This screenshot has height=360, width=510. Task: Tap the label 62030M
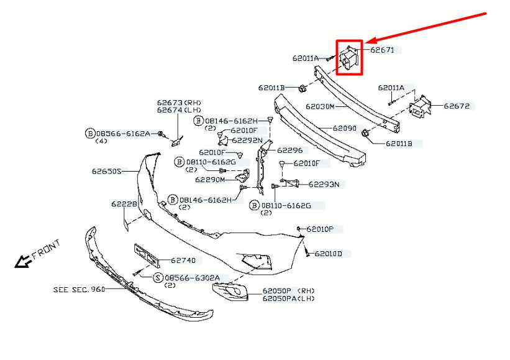(320, 106)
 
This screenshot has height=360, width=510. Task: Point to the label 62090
(344, 129)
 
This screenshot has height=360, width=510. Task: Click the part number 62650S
(107, 170)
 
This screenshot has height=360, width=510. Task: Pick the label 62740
(183, 261)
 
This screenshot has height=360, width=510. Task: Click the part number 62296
(289, 150)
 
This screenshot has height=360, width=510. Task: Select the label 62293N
(324, 185)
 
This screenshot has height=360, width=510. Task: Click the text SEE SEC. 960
(79, 290)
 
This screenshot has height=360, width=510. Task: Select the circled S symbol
(158, 277)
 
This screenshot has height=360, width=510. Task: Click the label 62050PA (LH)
(288, 299)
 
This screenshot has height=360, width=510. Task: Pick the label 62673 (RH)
(179, 102)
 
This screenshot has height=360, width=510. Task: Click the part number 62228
(124, 204)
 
